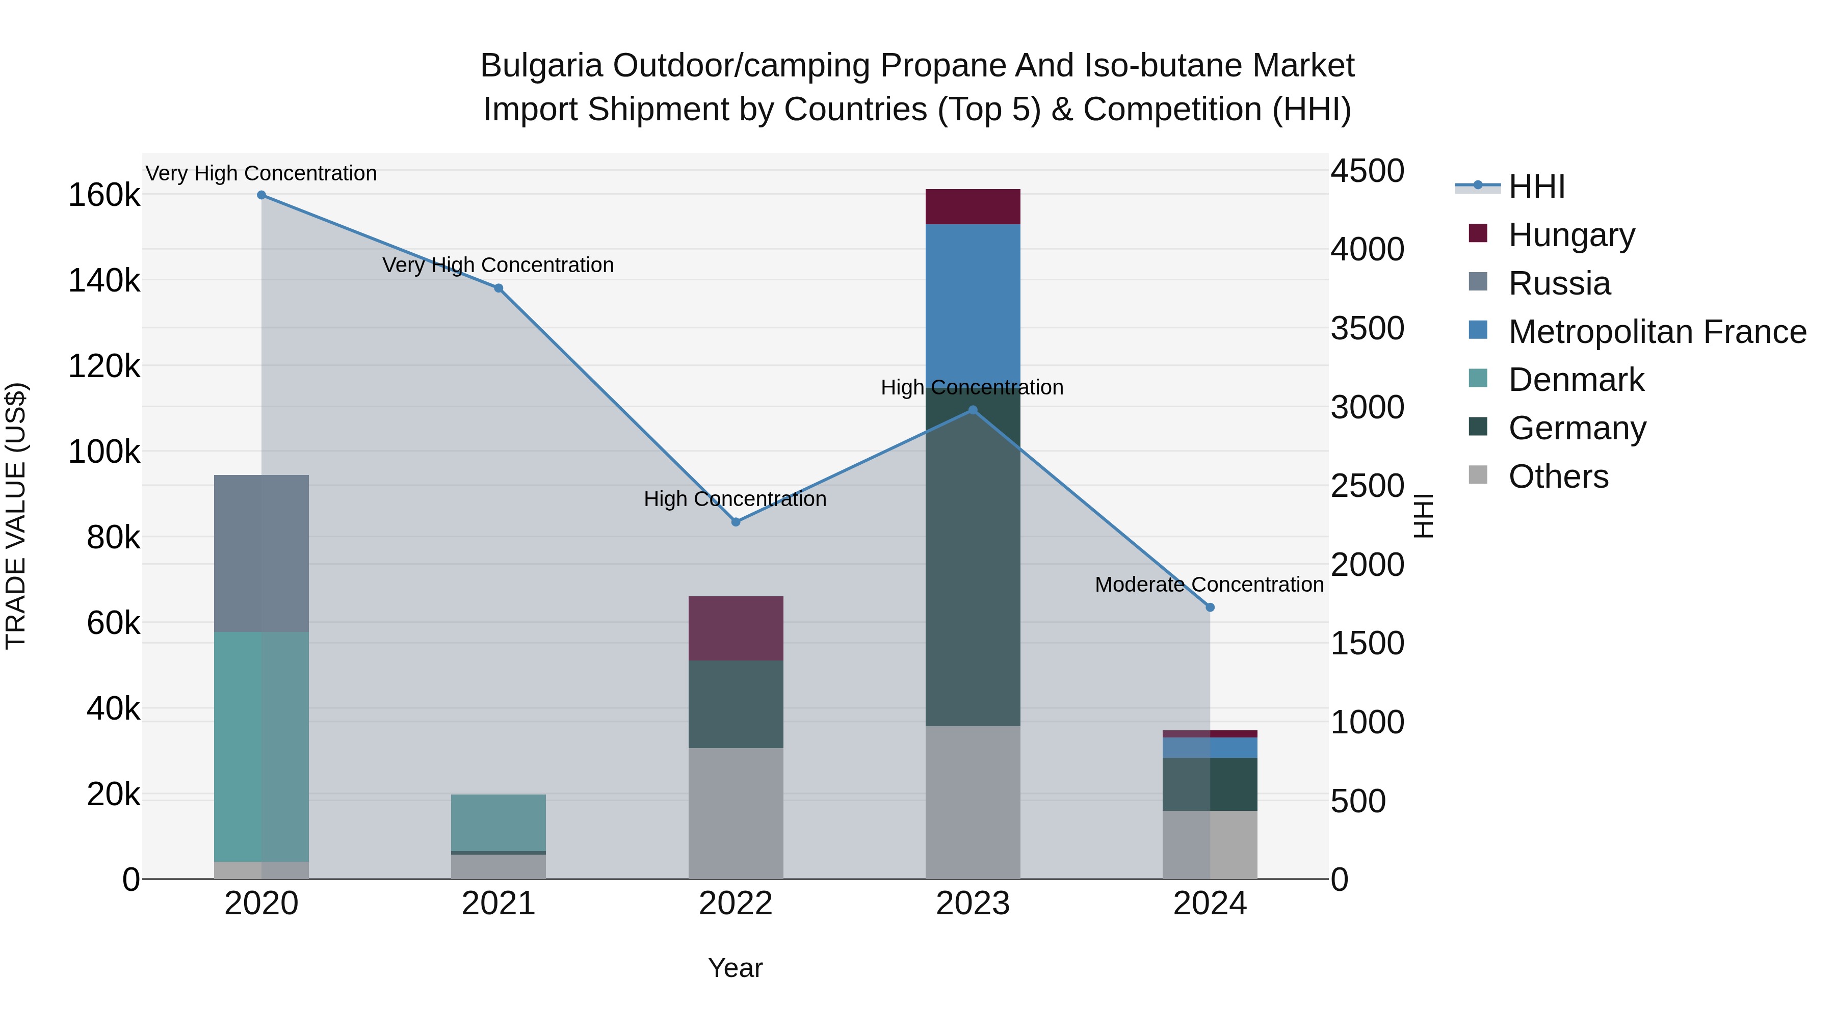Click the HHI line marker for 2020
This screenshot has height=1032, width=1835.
coord(261,195)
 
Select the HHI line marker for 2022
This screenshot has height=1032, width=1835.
coord(736,522)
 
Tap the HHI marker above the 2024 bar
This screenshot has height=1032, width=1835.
coord(1210,607)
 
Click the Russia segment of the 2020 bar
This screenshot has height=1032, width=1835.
coord(261,553)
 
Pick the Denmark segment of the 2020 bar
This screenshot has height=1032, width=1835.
coord(261,747)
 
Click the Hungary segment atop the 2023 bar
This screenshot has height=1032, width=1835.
coord(973,206)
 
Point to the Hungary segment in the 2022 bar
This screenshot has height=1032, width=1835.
coord(736,628)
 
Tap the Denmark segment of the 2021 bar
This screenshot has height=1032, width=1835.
coord(499,822)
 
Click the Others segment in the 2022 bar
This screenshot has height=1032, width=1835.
coord(736,813)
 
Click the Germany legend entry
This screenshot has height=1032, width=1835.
coord(1577,428)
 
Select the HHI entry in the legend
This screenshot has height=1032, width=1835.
coord(1536,187)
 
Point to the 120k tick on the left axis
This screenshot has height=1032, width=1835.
coord(104,367)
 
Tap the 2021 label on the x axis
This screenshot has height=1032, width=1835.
coord(499,904)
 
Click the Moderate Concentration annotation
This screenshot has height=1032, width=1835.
coord(1209,585)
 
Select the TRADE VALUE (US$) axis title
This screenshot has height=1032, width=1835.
coord(16,516)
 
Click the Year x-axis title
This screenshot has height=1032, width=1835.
coord(735,968)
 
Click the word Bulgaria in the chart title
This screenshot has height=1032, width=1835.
coord(541,66)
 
